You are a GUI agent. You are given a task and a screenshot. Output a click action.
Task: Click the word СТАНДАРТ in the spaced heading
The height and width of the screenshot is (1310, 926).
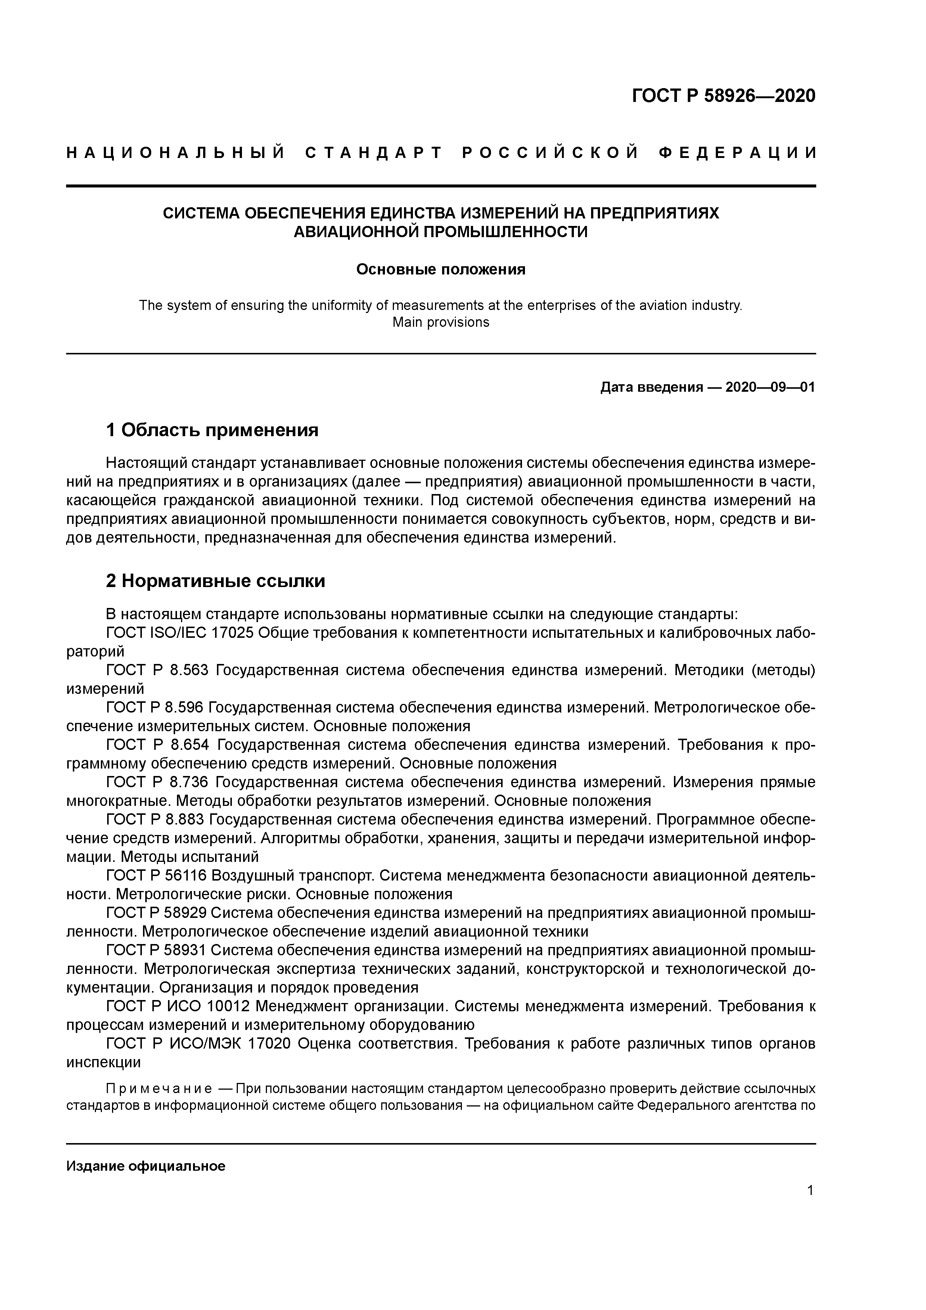click(x=374, y=153)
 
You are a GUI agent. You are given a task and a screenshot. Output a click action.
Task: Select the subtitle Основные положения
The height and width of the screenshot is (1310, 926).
click(x=441, y=269)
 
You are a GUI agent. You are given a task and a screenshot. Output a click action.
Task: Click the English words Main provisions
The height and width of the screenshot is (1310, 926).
click(x=441, y=322)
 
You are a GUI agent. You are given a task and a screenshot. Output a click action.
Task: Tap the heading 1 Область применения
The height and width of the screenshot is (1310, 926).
click(x=212, y=429)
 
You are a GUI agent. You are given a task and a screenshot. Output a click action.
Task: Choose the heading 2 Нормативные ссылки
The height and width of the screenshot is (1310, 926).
click(x=216, y=581)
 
